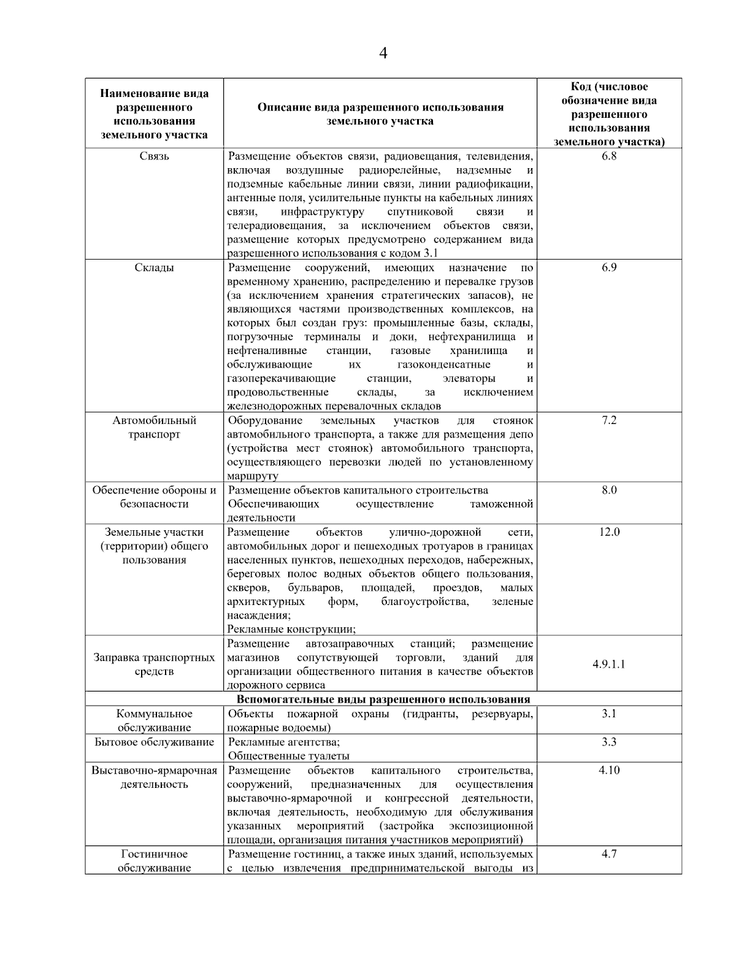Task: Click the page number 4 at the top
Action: point(383,53)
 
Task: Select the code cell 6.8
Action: point(608,156)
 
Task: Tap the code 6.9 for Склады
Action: point(608,268)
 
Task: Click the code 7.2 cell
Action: point(608,420)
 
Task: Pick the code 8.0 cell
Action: point(608,490)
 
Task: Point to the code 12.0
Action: point(608,532)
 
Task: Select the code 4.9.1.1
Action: point(608,664)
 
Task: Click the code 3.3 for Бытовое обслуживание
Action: point(608,742)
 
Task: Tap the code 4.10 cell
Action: point(608,770)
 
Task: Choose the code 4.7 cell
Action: point(608,854)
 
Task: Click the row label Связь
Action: point(154,156)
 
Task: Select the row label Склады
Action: point(154,268)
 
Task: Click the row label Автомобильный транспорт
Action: point(154,427)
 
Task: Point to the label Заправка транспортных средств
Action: point(154,664)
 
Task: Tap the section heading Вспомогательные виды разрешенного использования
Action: point(383,700)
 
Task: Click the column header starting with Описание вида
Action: point(380,114)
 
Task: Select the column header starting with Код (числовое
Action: point(608,114)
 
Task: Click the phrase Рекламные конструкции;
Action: point(291,629)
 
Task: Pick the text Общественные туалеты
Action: point(288,756)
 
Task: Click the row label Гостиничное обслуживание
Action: point(154,860)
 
